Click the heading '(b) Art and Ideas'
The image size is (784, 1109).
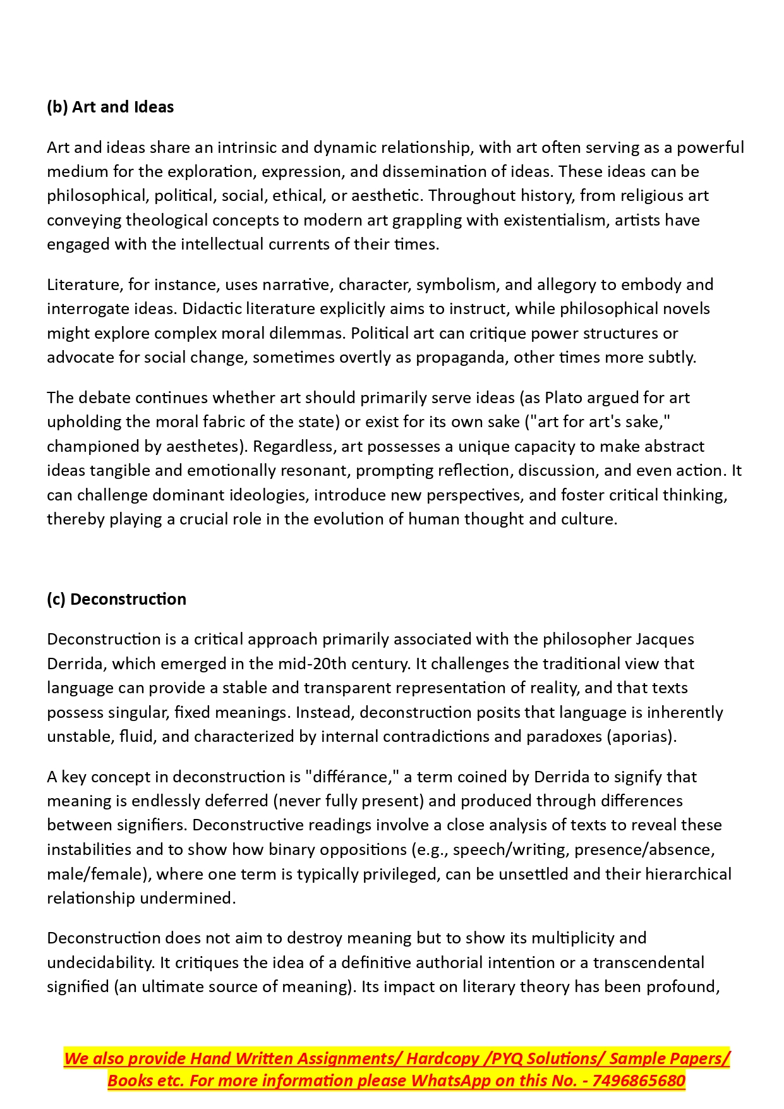point(110,107)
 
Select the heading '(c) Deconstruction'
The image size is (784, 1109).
point(116,599)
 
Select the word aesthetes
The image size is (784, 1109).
point(204,446)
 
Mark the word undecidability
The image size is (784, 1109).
point(100,962)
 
